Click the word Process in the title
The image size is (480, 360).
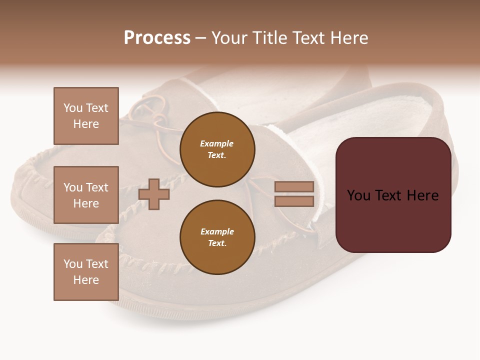(157, 38)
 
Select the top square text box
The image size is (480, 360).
(86, 116)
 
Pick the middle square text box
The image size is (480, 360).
(86, 195)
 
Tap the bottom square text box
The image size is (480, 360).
(86, 272)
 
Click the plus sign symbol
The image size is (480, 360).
(154, 194)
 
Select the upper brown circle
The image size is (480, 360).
(217, 149)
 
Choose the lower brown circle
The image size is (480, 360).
(217, 237)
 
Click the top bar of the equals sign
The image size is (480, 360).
(294, 187)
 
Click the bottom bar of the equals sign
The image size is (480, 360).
(294, 201)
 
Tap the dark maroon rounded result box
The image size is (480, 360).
(393, 220)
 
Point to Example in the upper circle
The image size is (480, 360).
(216, 143)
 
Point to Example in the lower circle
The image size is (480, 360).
(217, 231)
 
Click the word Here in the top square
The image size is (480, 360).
(86, 124)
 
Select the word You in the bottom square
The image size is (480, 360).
(73, 264)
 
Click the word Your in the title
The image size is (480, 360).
(230, 38)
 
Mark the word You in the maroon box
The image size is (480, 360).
(358, 195)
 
